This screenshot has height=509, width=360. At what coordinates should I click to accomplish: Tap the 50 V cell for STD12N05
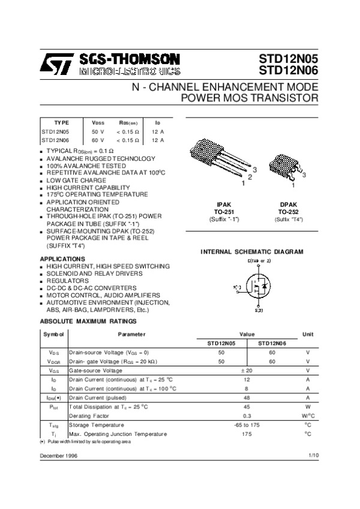97,131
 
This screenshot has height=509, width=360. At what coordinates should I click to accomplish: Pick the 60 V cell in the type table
97,140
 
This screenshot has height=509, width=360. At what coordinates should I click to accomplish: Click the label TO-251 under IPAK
224,212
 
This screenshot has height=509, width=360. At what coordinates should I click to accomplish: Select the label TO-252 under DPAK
289,212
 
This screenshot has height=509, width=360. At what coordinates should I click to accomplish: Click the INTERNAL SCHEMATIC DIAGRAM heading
251,252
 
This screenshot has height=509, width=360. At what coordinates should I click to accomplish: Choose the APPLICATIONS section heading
62,258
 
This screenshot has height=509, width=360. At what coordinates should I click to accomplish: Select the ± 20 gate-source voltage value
247,371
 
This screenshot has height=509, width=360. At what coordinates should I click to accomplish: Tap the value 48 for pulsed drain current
247,397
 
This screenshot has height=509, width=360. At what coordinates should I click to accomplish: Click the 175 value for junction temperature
247,433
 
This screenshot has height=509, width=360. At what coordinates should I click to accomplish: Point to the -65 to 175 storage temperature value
247,424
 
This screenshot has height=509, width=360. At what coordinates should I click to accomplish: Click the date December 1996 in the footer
58,456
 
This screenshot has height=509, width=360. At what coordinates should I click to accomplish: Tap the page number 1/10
313,456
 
